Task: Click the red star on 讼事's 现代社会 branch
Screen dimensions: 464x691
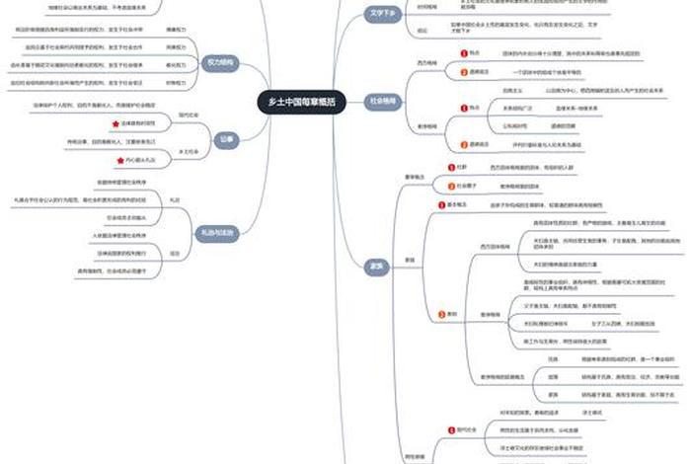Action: click(115, 124)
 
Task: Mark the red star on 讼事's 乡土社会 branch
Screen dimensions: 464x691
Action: click(115, 159)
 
